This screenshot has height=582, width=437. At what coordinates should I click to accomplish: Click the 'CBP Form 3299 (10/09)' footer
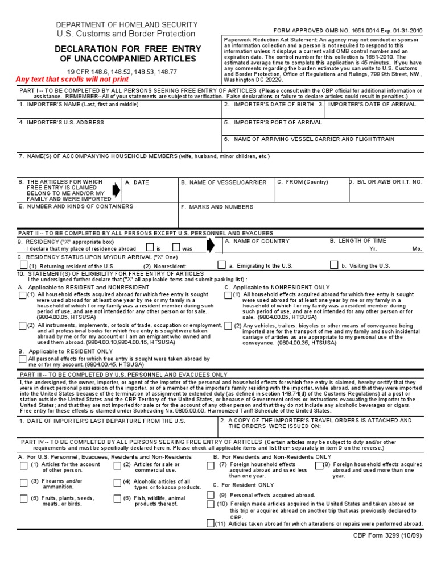391,535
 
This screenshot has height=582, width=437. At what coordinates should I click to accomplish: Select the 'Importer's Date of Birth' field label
270,105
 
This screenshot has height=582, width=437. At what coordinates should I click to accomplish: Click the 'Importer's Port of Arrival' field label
273,122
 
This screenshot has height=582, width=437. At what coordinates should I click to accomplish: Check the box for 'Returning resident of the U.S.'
23,265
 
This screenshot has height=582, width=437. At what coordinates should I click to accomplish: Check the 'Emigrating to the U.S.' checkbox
221,265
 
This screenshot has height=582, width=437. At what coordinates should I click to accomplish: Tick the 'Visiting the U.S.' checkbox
334,265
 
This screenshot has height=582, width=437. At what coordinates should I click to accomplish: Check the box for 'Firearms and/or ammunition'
23,483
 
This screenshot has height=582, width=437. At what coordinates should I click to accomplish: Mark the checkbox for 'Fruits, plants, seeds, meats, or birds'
23,499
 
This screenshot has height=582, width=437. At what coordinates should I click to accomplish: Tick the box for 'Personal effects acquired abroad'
211,495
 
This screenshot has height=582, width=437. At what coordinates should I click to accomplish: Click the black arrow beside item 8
117,190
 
